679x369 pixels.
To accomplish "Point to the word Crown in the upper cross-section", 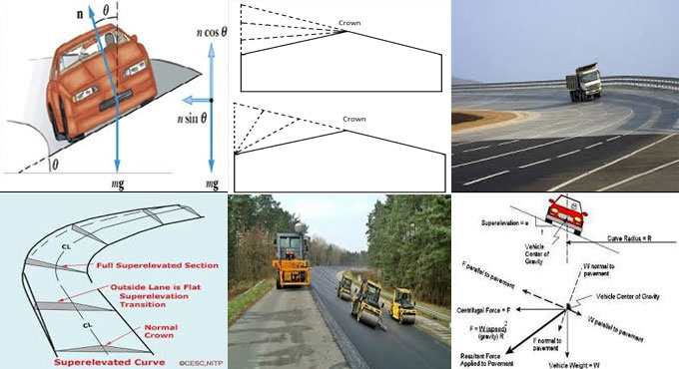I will pos(350,22).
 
